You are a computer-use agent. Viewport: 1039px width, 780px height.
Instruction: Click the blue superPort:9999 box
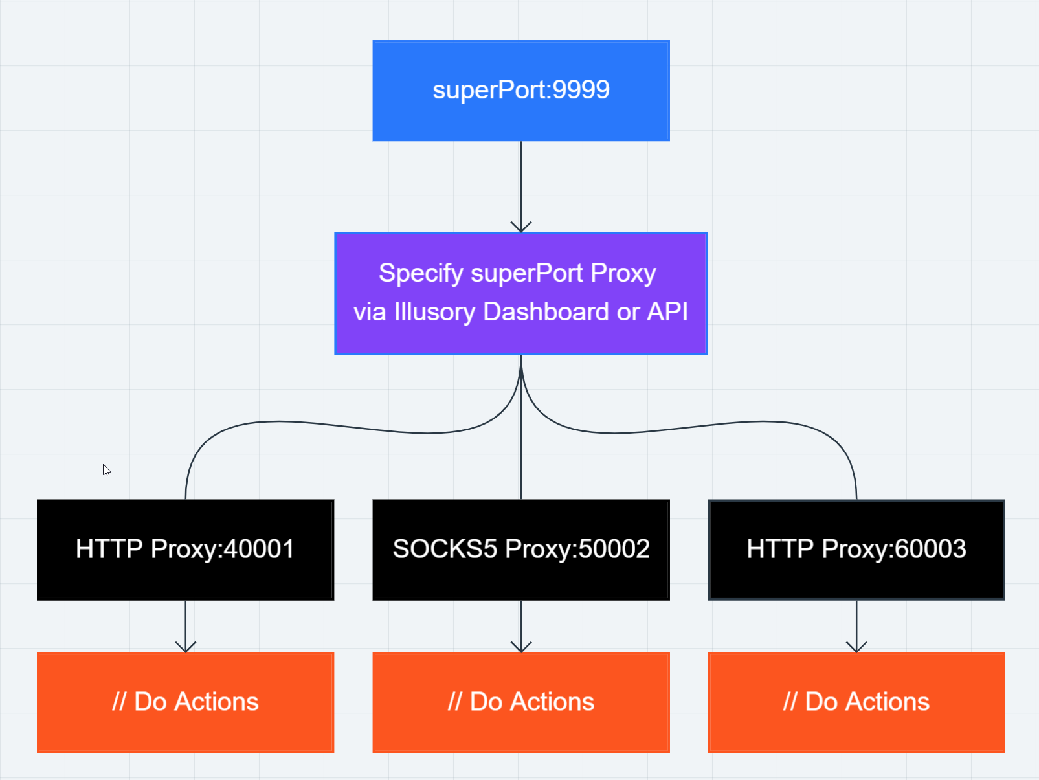[520, 91]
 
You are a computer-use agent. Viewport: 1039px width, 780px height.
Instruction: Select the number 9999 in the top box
[581, 89]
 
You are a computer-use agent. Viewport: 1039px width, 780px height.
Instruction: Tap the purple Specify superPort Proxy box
[520, 293]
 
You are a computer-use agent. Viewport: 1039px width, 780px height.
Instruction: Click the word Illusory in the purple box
[434, 313]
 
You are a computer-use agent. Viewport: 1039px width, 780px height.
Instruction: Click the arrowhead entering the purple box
[521, 227]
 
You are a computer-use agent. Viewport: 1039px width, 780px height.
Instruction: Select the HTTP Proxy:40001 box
[186, 550]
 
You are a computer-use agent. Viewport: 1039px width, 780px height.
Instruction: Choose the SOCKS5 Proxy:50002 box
[521, 550]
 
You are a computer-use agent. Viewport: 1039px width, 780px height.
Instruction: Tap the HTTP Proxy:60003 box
[856, 550]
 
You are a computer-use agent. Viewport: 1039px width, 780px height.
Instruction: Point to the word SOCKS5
[445, 549]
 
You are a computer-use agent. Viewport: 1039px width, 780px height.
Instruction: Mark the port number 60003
[930, 549]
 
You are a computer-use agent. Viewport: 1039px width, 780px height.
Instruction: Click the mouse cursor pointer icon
[106, 470]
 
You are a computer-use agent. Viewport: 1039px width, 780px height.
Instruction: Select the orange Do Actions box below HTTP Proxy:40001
[186, 702]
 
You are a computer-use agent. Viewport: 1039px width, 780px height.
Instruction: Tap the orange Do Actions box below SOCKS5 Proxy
[521, 702]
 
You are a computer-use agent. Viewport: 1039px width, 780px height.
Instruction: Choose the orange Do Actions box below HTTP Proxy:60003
[856, 702]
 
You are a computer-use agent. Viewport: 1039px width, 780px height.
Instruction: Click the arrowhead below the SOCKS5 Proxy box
[521, 647]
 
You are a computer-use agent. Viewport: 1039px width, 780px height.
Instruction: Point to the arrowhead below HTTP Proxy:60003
[856, 647]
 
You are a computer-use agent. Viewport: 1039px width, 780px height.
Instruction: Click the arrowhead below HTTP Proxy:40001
[186, 647]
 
